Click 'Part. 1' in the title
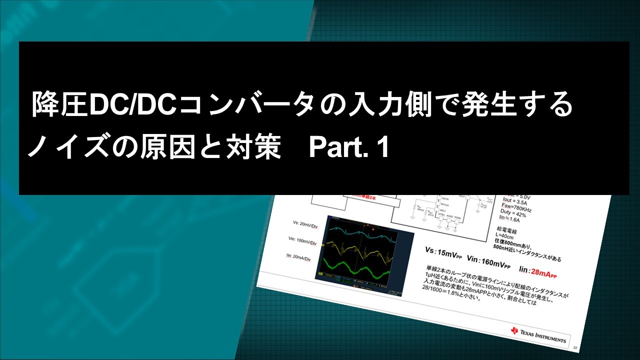point(348,148)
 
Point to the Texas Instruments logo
point(538,334)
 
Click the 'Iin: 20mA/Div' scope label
point(298,258)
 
